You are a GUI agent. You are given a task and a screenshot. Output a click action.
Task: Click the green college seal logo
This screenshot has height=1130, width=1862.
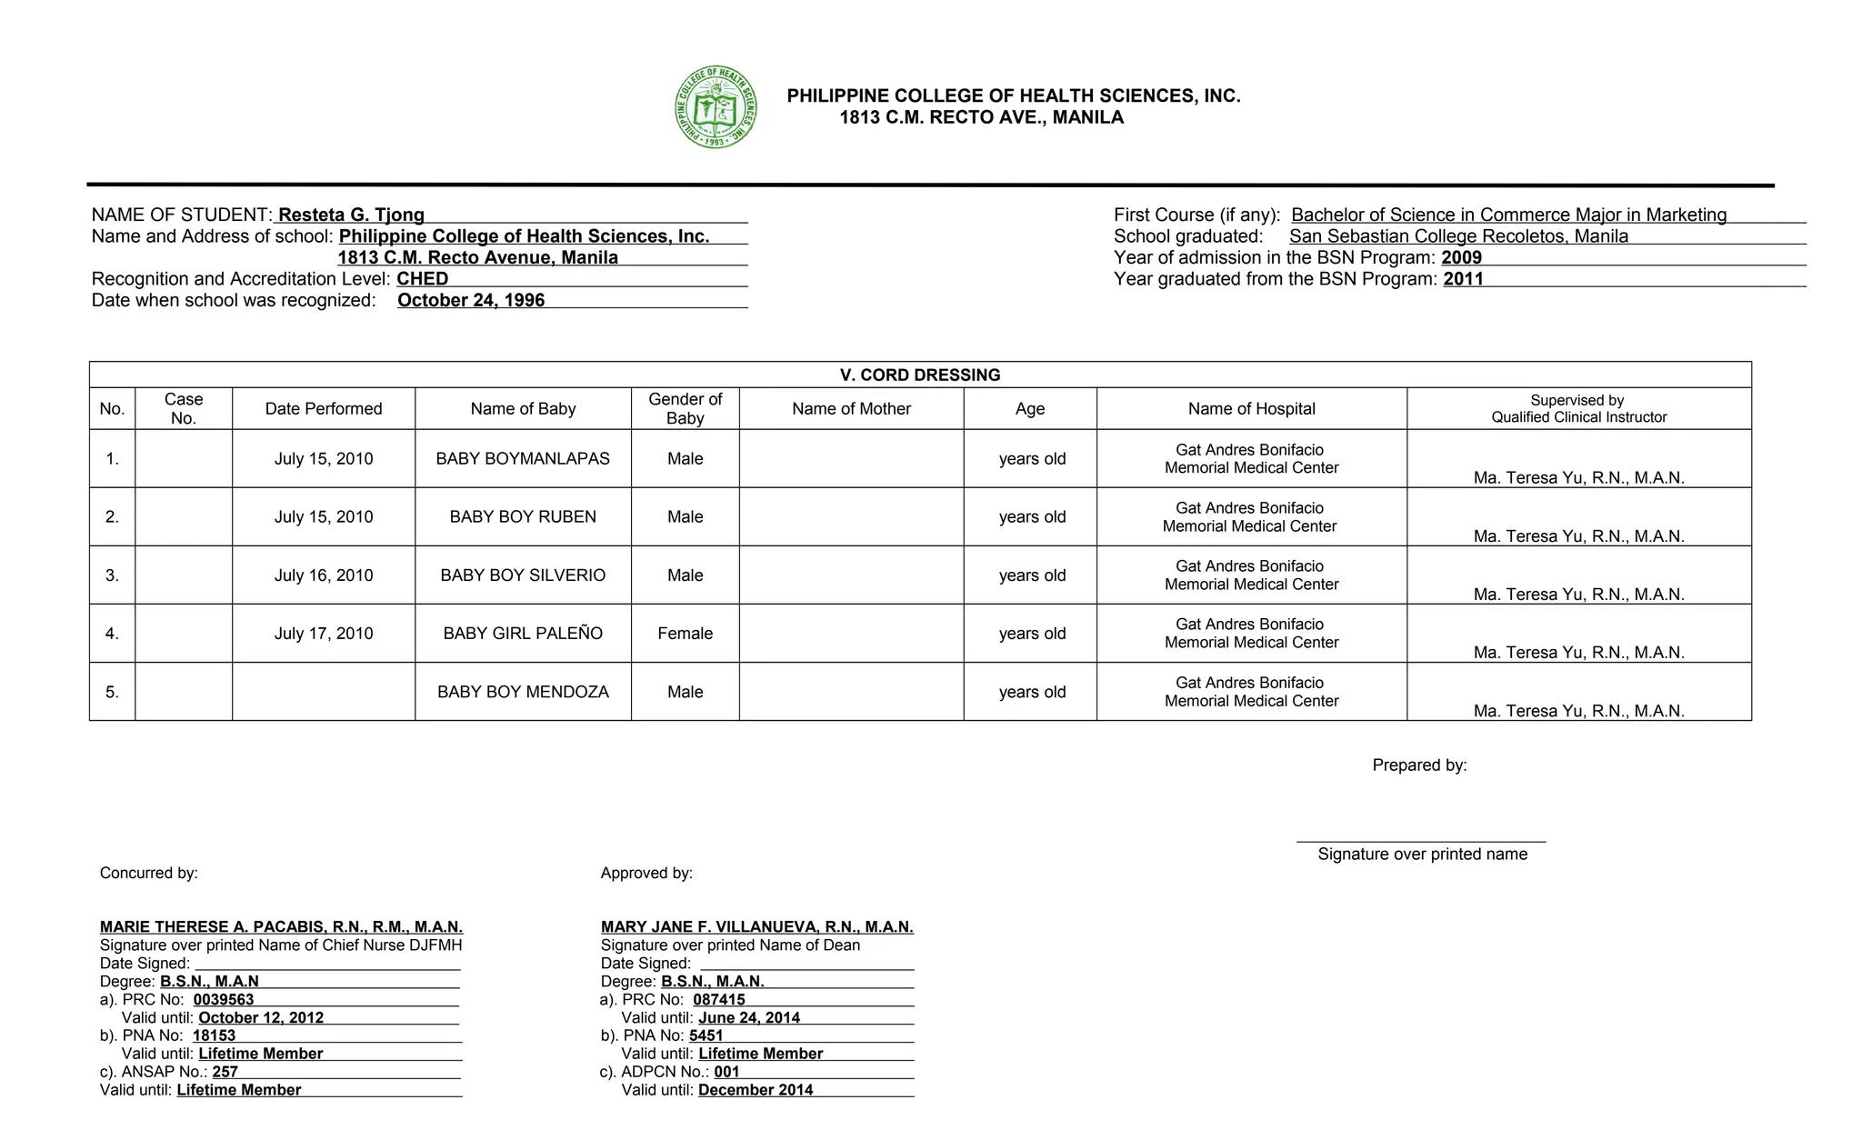(716, 107)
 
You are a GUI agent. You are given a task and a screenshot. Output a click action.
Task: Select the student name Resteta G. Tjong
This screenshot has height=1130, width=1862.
(351, 215)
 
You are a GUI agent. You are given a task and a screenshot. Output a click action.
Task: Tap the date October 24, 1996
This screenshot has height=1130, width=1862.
(471, 300)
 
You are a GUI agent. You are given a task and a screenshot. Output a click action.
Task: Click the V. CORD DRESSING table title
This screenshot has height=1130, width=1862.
(920, 375)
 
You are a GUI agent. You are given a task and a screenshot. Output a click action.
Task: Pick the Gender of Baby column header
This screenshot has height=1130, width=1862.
(685, 408)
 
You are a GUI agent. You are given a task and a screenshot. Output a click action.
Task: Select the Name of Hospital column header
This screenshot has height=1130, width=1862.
(1251, 408)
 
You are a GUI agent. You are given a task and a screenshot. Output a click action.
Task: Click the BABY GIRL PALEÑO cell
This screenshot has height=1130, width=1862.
(523, 634)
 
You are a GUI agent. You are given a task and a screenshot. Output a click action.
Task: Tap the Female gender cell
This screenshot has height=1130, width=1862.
(685, 634)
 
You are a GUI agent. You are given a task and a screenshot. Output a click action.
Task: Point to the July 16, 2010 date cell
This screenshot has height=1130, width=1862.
(324, 575)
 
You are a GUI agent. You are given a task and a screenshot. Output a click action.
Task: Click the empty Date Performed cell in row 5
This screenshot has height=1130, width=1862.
(324, 692)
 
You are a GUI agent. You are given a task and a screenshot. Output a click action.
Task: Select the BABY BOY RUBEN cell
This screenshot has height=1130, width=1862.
(523, 517)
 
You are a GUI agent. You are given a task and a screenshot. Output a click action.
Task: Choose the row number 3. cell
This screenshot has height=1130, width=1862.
(112, 575)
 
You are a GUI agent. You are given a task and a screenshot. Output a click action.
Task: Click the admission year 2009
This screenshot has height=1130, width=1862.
(1462, 257)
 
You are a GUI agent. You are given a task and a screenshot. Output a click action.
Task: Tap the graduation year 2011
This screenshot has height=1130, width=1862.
(1463, 279)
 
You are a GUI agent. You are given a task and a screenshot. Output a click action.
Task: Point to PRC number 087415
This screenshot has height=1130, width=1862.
(718, 999)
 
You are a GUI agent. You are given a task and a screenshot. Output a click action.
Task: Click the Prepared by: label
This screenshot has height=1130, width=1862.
(1419, 765)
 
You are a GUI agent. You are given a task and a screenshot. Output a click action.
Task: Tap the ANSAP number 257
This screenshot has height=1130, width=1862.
(225, 1072)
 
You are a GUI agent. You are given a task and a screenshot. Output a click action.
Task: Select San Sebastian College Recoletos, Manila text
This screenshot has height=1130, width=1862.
(1458, 236)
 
